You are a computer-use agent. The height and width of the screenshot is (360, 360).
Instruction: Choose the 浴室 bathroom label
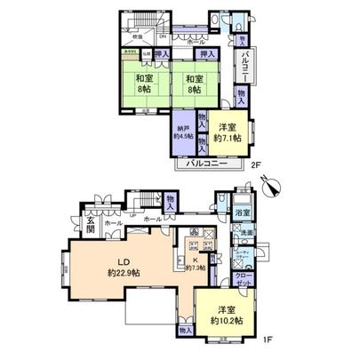pyautogui.click(x=242, y=214)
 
